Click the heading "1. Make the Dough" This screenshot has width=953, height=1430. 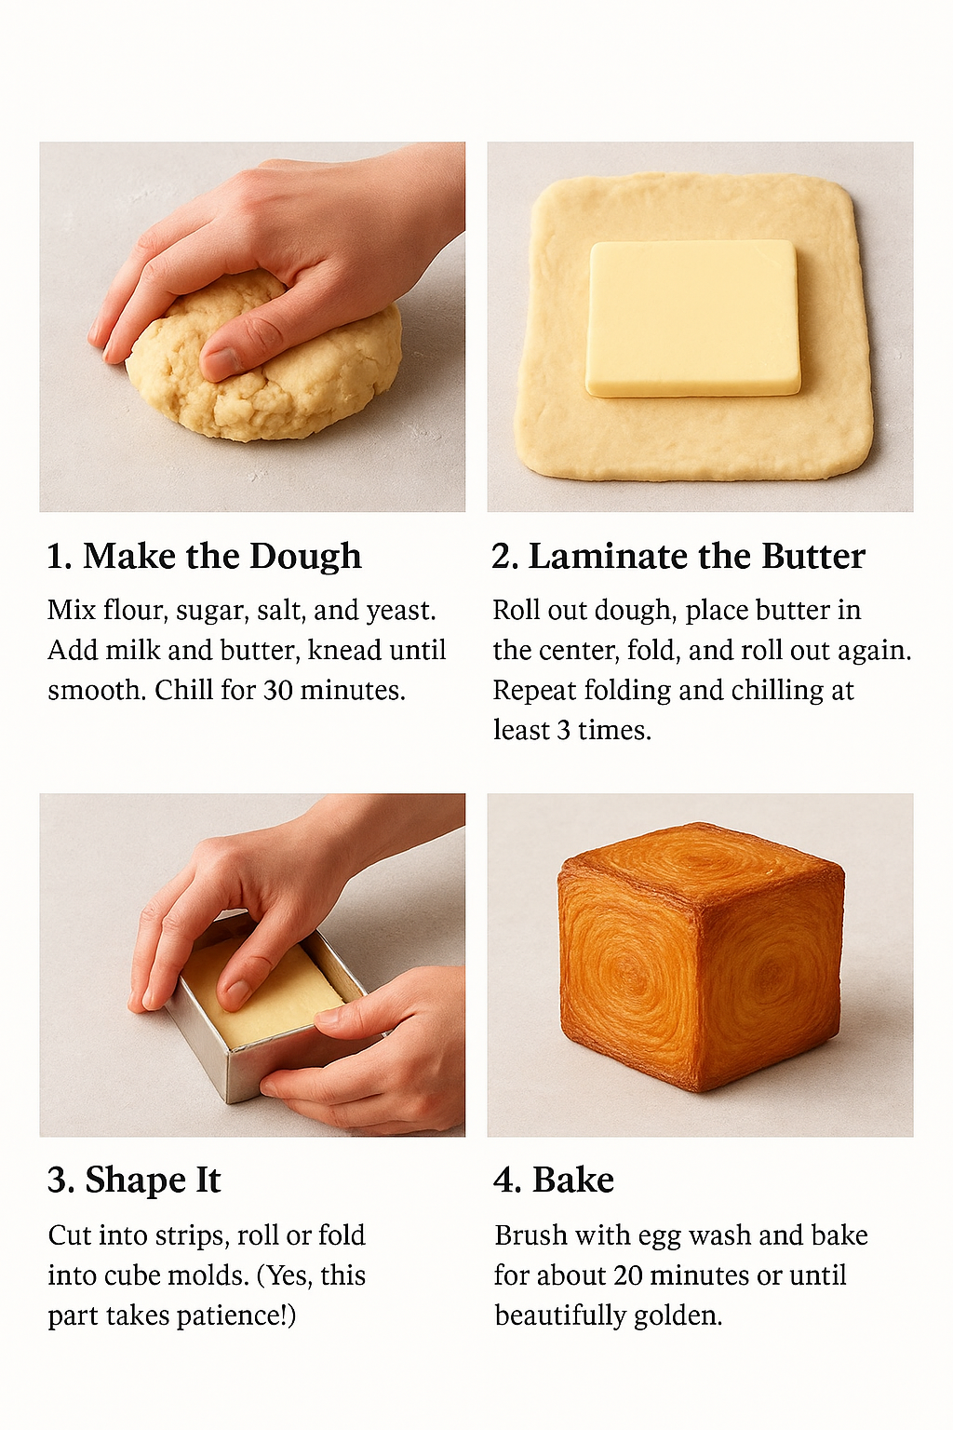[204, 557]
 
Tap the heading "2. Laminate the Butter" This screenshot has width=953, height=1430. [678, 557]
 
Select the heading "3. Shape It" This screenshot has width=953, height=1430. [134, 1180]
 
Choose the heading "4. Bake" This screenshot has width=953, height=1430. [554, 1180]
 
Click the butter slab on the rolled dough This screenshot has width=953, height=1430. [692, 317]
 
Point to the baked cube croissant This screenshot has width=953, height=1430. [700, 959]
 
